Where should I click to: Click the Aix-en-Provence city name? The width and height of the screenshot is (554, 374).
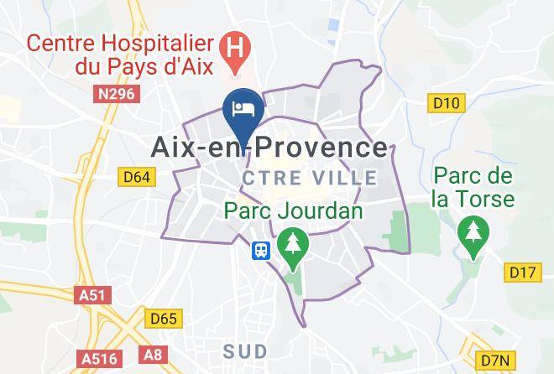coord(269,148)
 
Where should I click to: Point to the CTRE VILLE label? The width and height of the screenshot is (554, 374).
coord(311,178)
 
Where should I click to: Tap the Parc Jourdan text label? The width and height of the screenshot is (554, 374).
coord(294,210)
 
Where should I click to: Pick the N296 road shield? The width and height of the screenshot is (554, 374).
coord(115,95)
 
